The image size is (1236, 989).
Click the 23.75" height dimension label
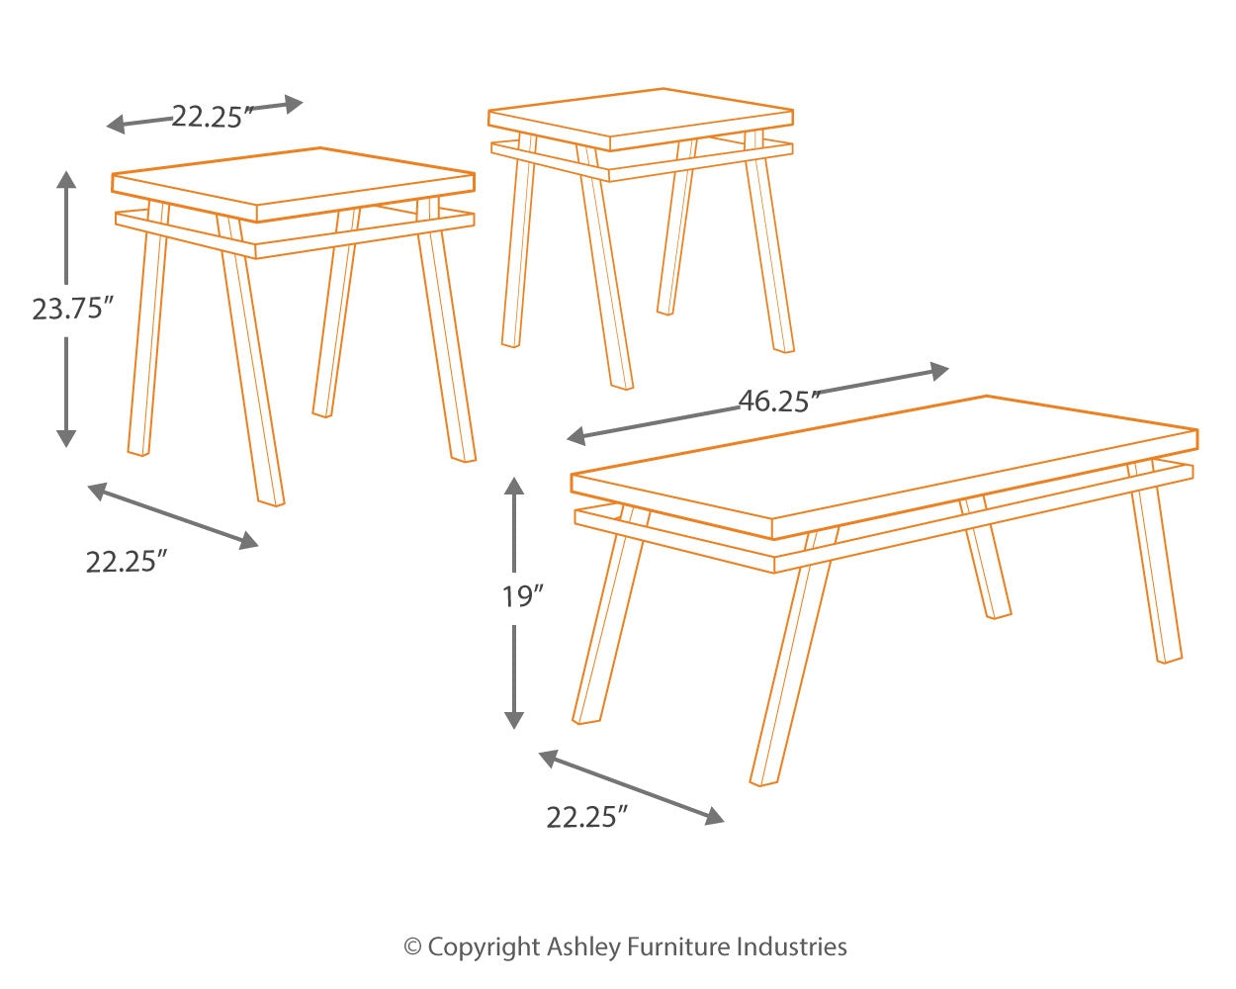[x=67, y=310]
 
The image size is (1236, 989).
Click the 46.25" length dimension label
[x=780, y=401]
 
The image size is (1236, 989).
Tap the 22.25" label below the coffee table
[x=587, y=818]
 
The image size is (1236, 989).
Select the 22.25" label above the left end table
[x=208, y=117]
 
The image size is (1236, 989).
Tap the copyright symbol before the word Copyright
[x=412, y=947]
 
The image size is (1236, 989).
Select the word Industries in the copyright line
[x=791, y=947]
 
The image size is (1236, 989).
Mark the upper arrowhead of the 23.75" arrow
[x=66, y=179]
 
